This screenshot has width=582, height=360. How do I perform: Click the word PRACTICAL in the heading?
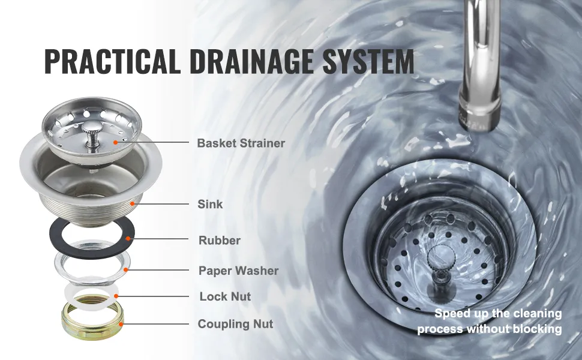click(112, 61)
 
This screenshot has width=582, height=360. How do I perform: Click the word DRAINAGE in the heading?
click(251, 61)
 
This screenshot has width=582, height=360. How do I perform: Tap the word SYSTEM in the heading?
click(368, 61)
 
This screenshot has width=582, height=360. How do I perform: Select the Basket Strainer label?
click(241, 143)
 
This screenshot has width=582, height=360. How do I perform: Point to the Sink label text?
click(210, 204)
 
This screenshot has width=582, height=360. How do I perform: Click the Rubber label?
click(220, 240)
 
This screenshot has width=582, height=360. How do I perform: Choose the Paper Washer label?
click(238, 271)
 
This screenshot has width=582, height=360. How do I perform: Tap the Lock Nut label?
click(225, 296)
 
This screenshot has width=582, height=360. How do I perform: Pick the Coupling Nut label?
click(235, 324)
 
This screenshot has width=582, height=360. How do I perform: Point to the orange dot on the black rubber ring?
click(128, 238)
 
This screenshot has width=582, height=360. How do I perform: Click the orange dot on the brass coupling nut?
click(121, 324)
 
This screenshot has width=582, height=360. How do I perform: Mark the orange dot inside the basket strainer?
click(115, 142)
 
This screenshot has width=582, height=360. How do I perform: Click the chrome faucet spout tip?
click(479, 119)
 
